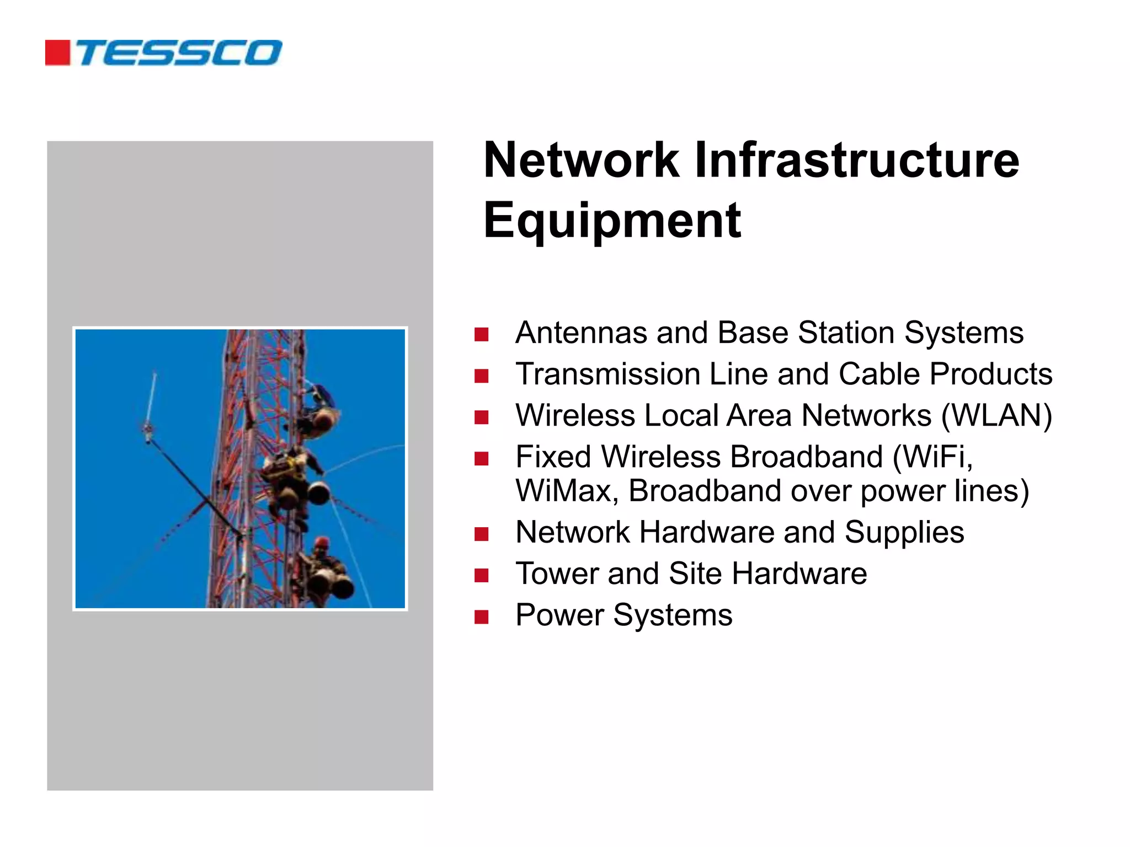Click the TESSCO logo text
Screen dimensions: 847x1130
point(179,53)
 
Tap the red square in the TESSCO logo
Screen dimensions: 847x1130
point(57,53)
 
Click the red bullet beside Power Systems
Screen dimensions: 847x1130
point(481,617)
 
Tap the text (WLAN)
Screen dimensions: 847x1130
point(996,415)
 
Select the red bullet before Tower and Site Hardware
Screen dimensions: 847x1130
point(481,575)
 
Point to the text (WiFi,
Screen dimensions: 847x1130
point(932,457)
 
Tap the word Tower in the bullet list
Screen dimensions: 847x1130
point(557,574)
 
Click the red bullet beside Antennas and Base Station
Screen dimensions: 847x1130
point(481,334)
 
